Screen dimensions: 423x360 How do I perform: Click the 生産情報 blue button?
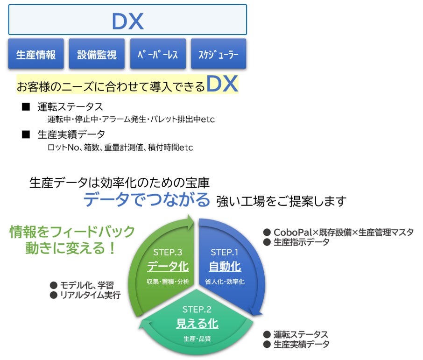[36, 54]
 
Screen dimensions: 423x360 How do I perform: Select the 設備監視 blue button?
[97, 54]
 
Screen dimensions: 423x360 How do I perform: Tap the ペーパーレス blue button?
[158, 54]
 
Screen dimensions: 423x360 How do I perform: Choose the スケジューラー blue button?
[219, 54]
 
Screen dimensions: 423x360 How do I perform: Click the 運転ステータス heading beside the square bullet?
[70, 107]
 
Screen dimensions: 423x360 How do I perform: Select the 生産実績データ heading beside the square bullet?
[71, 134]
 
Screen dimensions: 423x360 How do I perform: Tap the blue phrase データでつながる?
[147, 200]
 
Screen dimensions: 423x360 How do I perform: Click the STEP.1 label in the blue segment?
[225, 252]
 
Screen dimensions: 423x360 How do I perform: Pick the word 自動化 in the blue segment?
[225, 267]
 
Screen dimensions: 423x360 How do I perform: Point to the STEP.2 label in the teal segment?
[197, 309]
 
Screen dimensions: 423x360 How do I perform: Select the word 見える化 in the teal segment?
[197, 323]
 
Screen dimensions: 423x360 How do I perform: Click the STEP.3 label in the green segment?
[168, 252]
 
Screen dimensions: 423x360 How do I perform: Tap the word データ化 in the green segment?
[168, 267]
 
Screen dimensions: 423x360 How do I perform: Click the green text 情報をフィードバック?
[72, 232]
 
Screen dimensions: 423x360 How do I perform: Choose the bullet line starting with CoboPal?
[343, 232]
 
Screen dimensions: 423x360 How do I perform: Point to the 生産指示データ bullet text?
[301, 242]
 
